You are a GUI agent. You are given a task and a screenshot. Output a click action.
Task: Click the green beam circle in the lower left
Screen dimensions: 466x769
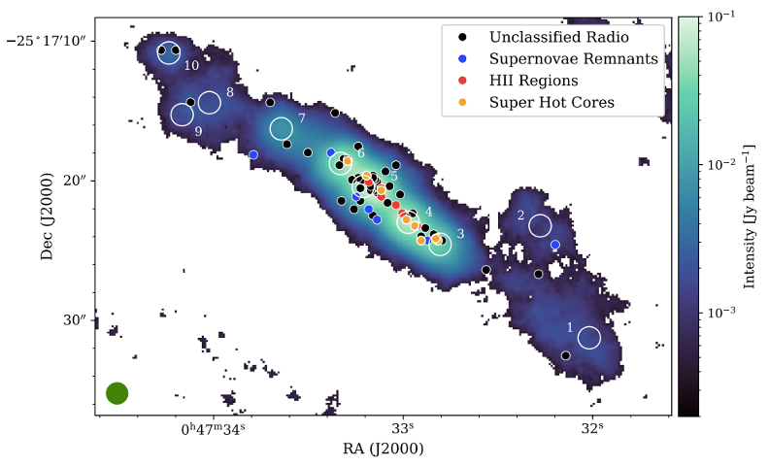point(117,393)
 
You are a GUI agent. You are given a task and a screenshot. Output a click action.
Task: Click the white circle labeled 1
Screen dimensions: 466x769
point(589,338)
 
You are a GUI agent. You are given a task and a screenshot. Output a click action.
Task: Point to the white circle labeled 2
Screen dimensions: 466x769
point(541,226)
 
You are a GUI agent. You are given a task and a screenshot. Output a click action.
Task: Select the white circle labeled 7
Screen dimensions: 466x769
point(281,129)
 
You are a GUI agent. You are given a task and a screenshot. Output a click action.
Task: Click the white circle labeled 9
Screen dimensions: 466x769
point(182,115)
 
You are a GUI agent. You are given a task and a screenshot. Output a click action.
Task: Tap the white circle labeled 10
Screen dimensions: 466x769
point(169,53)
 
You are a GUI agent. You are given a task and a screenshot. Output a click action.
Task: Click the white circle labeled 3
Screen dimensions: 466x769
point(440,245)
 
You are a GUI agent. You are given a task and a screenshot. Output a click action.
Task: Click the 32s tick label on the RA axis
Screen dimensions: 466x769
point(591,428)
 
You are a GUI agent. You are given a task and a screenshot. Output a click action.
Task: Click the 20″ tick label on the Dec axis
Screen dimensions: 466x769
point(75,181)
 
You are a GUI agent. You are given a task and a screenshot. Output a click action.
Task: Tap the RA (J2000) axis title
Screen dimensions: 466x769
point(384,449)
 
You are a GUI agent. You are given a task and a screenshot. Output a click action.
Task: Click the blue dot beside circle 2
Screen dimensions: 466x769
point(554,245)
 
